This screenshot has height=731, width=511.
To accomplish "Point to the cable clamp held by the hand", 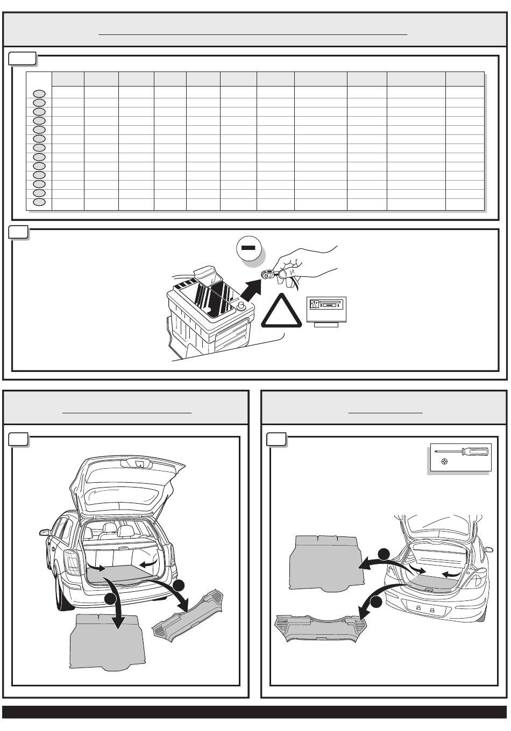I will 266,275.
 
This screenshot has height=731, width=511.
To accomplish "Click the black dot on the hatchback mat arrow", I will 384,554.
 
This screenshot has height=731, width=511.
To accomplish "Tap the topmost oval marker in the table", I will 39,94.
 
